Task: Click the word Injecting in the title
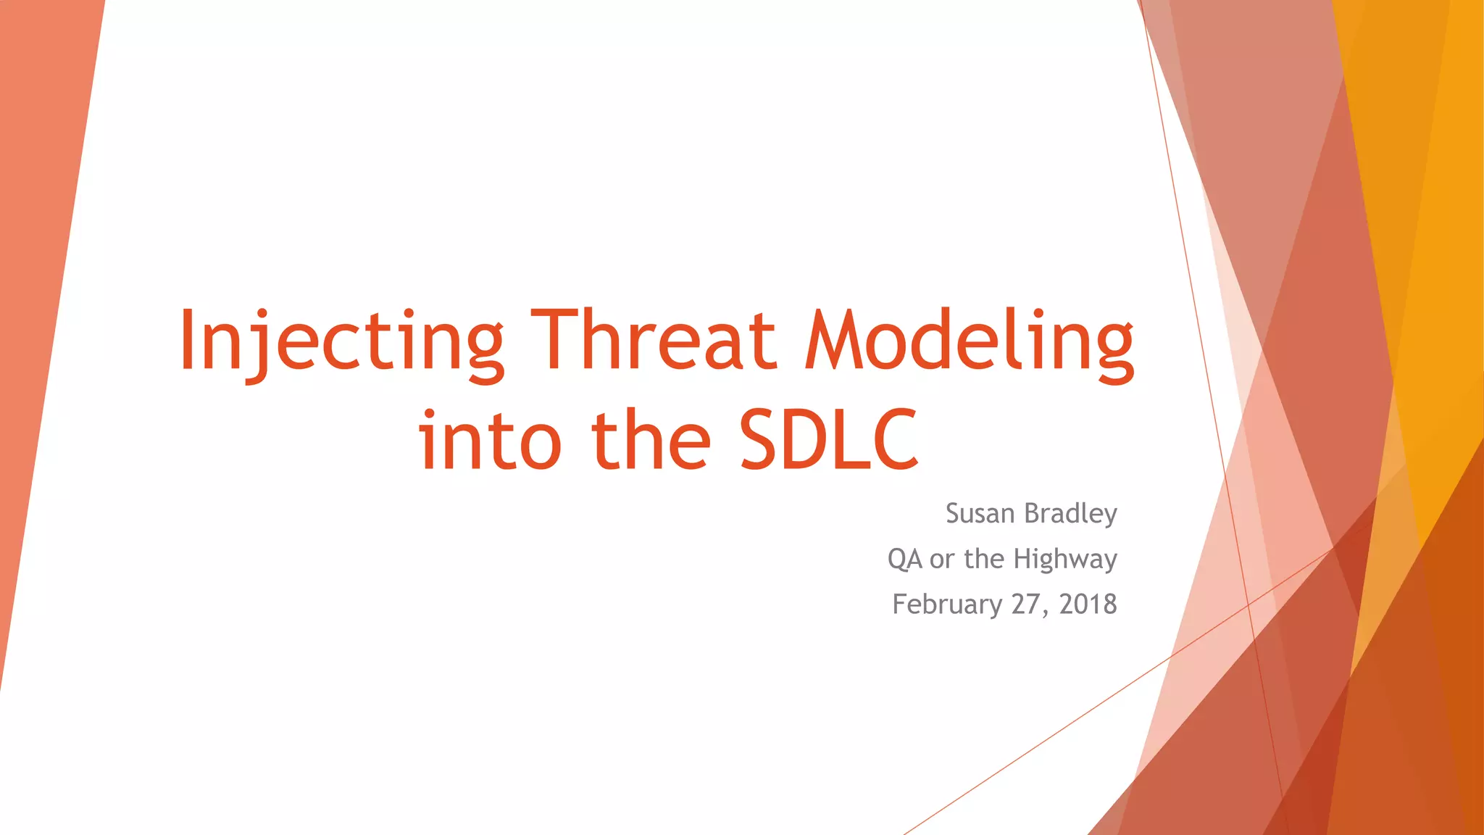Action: click(341, 344)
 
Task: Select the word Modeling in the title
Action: click(969, 344)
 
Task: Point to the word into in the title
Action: click(490, 438)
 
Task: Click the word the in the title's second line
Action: click(651, 438)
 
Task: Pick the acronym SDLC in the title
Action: click(829, 439)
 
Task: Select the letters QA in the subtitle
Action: click(904, 559)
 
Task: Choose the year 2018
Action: click(1088, 605)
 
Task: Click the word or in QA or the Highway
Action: click(942, 561)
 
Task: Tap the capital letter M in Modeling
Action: click(835, 338)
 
